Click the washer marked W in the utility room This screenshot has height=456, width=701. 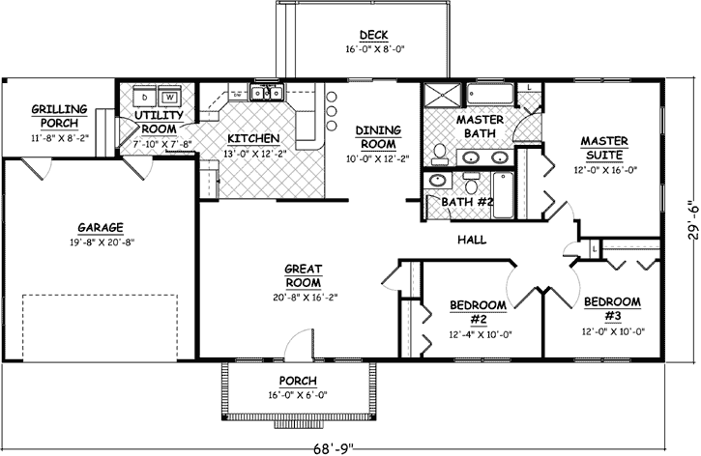169,98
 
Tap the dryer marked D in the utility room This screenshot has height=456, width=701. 144,98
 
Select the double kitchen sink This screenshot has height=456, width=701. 265,94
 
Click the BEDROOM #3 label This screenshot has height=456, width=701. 612,308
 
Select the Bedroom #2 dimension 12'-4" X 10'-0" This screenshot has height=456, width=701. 480,335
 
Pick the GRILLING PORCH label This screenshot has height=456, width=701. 59,116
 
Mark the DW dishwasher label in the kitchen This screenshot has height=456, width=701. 236,95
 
